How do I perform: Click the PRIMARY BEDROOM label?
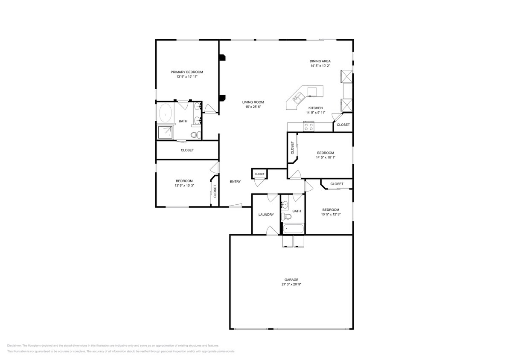pos(186,72)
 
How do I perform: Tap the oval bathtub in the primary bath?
pos(166,114)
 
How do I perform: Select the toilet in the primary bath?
pos(195,135)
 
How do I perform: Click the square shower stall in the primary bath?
pos(166,132)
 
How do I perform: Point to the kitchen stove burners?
pos(308,126)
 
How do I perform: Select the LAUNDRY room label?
pos(266,215)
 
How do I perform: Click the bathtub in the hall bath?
pos(294,229)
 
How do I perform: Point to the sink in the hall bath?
pos(285,205)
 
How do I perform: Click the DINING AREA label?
pos(320,61)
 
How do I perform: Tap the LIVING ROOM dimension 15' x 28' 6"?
pos(253,107)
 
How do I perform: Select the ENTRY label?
pos(235,182)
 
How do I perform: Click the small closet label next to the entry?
pos(259,174)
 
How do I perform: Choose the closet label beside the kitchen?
pos(343,125)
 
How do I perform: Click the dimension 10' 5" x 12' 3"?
pos(330,215)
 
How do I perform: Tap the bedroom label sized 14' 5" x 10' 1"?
pos(325,153)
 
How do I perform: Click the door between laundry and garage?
pos(271,231)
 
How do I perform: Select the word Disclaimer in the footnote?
pos(14,345)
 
